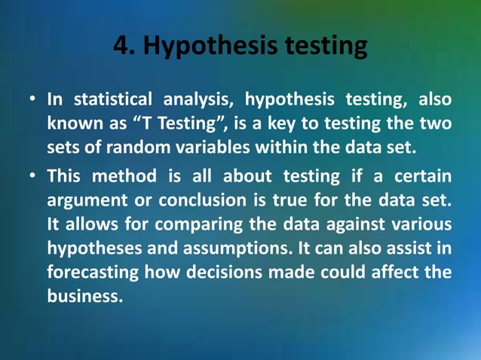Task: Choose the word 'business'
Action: pos(84,296)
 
